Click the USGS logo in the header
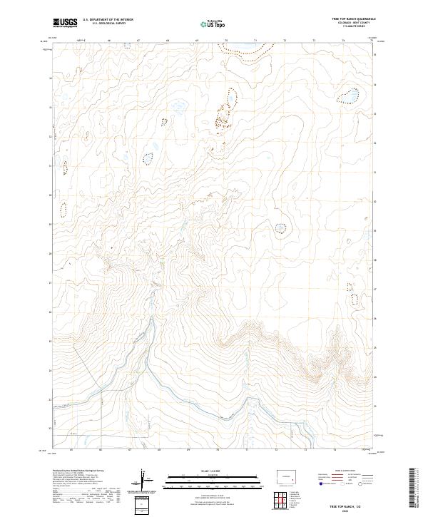click(x=65, y=22)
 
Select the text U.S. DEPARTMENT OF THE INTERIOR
click(x=108, y=19)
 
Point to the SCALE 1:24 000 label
click(x=213, y=471)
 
